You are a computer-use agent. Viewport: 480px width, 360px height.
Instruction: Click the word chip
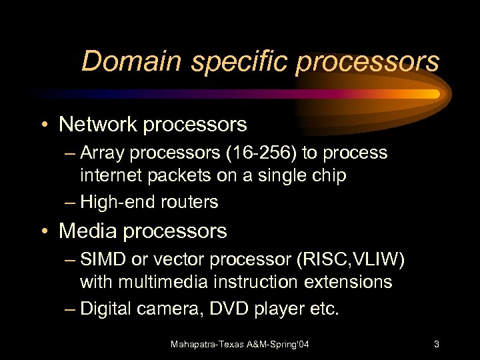pos(328,175)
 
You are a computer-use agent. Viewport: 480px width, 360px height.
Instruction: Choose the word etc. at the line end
pos(324,309)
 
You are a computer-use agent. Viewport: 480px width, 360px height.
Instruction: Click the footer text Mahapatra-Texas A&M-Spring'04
pos(240,344)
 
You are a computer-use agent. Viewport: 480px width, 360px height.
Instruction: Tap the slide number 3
pos(436,344)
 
